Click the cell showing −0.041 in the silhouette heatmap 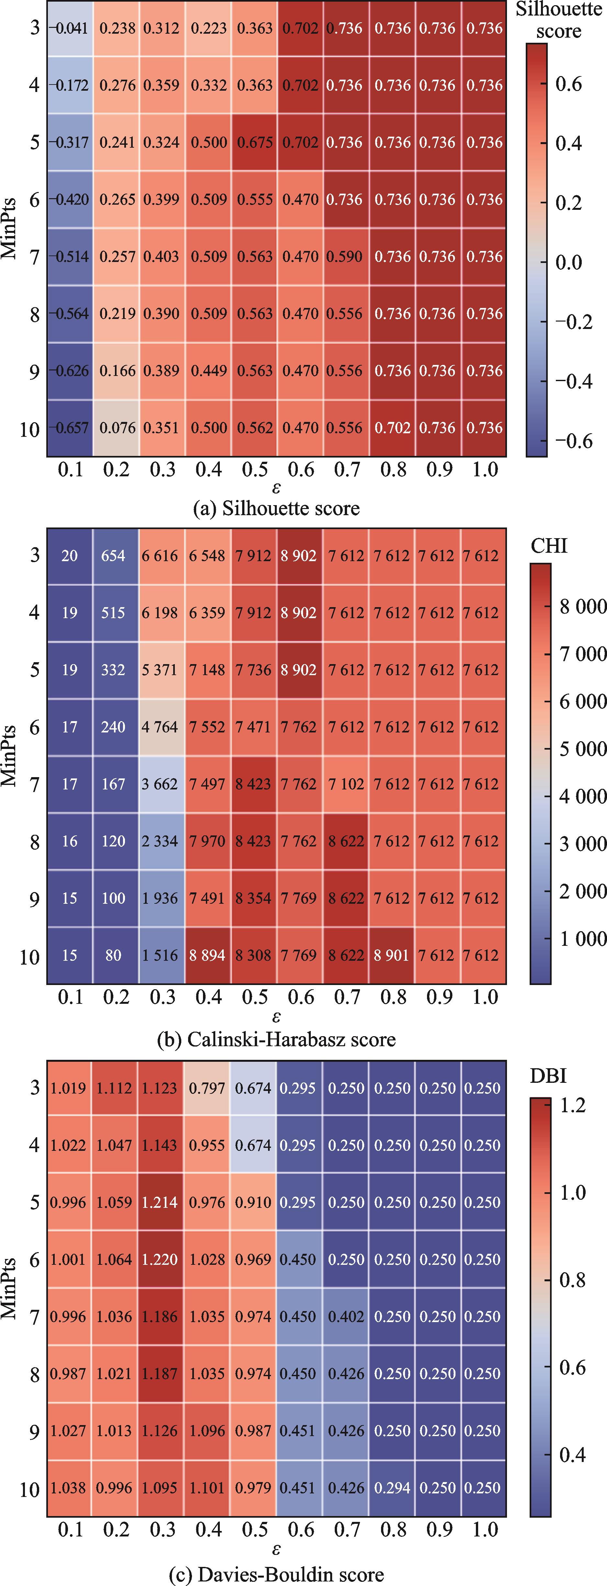[70, 28]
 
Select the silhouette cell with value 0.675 [254, 142]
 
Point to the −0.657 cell [70, 428]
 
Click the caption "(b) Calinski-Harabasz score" [276, 1040]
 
